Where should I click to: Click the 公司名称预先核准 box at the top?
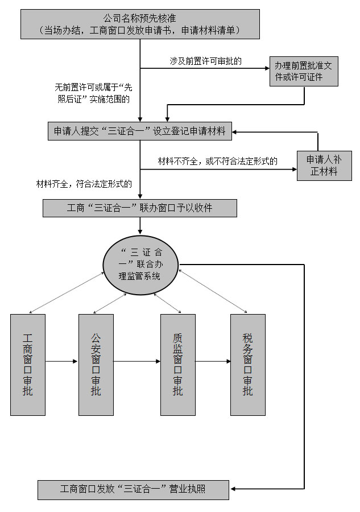point(140,23)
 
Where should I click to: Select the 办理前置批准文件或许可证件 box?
point(304,71)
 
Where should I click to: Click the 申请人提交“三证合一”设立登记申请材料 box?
point(139,131)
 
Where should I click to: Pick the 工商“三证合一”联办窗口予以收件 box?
point(139,208)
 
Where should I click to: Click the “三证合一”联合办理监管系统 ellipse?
point(140,265)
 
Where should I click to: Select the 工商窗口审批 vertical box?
point(28,364)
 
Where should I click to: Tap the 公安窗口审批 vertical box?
point(96,364)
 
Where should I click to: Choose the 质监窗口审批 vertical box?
point(178,364)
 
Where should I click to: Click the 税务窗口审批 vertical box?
point(247,364)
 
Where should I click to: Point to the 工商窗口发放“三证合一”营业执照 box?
point(133,489)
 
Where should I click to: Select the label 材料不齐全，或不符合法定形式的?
point(218,162)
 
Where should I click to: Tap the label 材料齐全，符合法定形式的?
point(84,184)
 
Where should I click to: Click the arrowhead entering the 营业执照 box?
point(233,489)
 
